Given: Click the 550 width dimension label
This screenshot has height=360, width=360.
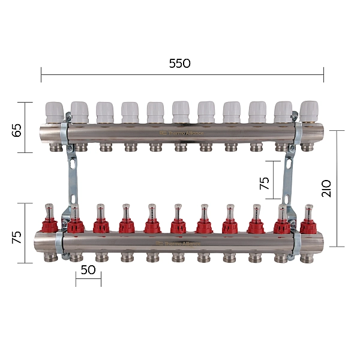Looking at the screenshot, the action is pos(180,64).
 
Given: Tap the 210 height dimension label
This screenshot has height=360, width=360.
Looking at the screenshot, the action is pos(326,188).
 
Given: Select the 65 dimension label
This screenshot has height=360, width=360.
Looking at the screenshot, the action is pos(17,130).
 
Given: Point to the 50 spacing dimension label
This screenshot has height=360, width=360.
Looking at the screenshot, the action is pos(88,270).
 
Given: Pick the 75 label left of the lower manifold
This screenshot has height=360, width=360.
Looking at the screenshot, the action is pos(17,238).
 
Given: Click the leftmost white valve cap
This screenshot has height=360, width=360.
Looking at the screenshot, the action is pos(55,112).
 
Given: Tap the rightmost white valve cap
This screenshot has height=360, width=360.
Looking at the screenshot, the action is pos(309,111).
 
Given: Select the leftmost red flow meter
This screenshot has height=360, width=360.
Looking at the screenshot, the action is pos(49,218).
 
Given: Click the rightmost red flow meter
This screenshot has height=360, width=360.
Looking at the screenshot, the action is pos(308,218).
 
